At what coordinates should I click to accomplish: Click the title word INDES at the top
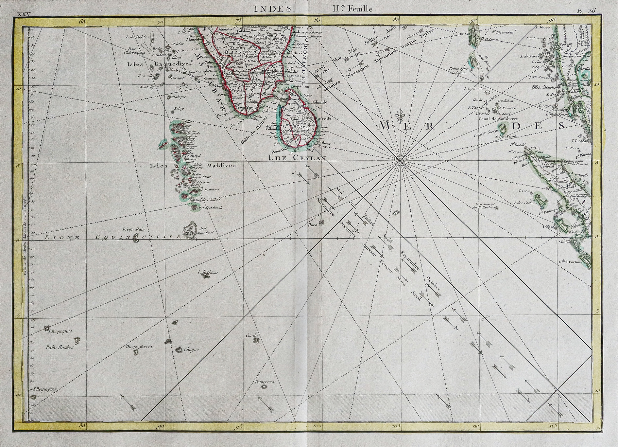click(x=273, y=9)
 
